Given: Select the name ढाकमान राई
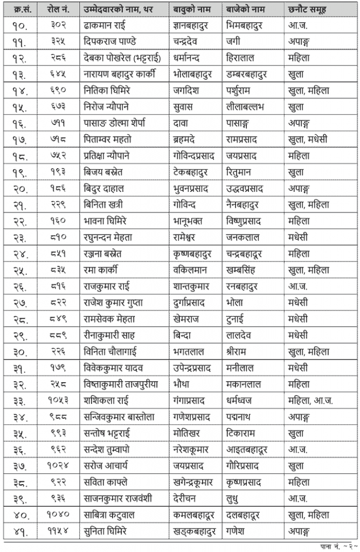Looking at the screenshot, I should pyautogui.click(x=106, y=25).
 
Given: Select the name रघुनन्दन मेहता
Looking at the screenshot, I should pyautogui.click(x=112, y=239).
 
